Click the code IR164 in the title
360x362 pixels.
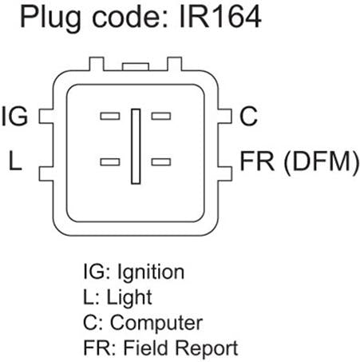[220, 17]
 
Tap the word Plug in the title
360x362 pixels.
[50, 19]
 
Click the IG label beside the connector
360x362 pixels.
[14, 116]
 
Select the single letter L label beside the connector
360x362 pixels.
[15, 161]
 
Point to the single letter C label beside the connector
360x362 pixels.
[248, 116]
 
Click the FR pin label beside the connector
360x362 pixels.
[257, 161]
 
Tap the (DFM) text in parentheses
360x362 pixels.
[321, 162]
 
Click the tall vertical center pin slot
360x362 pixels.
[136, 146]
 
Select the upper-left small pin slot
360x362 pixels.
[110, 116]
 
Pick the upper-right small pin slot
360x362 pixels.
[161, 116]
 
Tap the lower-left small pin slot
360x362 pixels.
[110, 162]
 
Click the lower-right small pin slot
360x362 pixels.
[161, 162]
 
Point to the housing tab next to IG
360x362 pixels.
[46, 117]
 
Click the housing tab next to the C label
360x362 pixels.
[225, 117]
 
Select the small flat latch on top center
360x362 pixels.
[136, 67]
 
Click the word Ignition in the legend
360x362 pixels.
[151, 272]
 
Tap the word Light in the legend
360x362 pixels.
[129, 296]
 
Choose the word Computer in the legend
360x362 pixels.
[156, 323]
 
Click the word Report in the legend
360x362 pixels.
[207, 348]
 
